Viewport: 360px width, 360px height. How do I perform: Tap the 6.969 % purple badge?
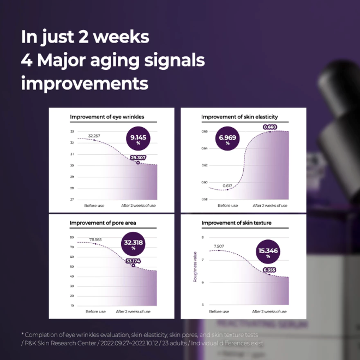click(227, 140)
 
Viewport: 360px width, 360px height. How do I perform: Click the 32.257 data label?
click(93, 134)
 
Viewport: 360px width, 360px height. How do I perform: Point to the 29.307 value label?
click(138, 157)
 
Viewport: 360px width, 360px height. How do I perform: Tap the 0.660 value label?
click(270, 127)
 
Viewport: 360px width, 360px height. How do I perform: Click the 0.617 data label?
click(227, 186)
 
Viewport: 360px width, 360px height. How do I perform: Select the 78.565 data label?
click(95, 239)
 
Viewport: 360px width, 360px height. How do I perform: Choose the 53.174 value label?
click(134, 261)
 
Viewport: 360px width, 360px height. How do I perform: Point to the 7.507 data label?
click(219, 246)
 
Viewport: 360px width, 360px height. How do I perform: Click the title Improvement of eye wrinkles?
click(103, 117)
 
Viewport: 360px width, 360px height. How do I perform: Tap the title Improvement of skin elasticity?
click(239, 117)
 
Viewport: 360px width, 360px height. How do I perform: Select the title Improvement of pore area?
click(99, 223)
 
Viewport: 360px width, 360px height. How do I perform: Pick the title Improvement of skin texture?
click(236, 223)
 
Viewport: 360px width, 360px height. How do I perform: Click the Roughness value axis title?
click(195, 267)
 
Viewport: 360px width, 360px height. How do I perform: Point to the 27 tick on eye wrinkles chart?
click(72, 200)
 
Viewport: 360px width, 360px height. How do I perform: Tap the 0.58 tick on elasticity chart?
click(204, 200)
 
